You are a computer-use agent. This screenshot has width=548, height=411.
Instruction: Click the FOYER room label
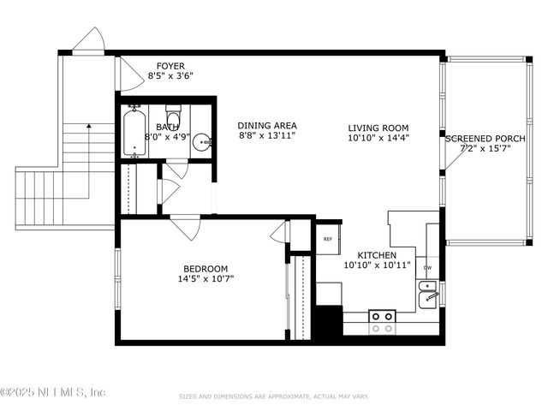(170, 65)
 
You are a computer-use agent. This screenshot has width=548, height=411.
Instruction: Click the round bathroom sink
(201, 143)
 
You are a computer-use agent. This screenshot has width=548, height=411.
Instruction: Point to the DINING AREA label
(267, 125)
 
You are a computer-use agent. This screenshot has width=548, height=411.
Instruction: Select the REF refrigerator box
(328, 238)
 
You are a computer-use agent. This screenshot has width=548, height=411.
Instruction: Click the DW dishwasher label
(427, 268)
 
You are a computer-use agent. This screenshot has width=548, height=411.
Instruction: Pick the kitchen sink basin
(428, 297)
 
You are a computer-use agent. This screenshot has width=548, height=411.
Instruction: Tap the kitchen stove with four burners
(382, 321)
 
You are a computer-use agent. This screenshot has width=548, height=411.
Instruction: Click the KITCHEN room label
(376, 255)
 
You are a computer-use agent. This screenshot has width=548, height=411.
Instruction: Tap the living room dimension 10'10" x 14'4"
(378, 137)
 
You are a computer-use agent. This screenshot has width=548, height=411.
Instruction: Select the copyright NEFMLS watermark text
(53, 392)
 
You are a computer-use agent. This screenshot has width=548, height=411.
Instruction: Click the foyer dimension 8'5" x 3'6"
(170, 75)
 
